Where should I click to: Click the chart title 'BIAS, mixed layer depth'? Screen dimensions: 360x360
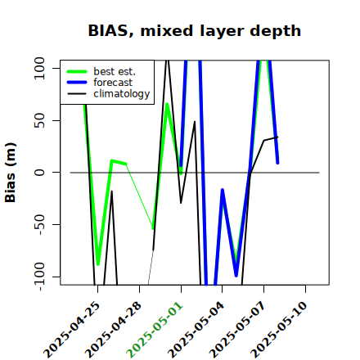click(x=195, y=31)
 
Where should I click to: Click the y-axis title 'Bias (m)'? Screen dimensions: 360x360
click(x=11, y=173)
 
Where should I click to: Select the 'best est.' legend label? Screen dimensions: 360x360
click(x=115, y=71)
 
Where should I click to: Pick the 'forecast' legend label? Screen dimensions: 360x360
click(x=113, y=83)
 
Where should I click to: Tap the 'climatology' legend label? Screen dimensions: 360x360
click(x=122, y=94)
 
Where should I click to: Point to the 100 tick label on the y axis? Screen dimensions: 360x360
click(x=39, y=68)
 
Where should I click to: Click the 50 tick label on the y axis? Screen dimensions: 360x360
click(x=39, y=120)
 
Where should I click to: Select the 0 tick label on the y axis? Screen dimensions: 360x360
click(x=39, y=173)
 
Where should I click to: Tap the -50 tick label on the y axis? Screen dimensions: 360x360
click(x=39, y=224)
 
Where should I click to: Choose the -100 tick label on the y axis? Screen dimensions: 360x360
click(x=39, y=277)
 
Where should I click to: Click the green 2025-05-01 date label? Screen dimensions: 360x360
click(x=155, y=330)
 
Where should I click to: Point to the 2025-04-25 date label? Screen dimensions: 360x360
click(x=71, y=330)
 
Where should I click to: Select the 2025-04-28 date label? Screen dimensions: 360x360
click(x=113, y=330)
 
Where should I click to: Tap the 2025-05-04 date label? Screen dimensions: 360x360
click(x=196, y=330)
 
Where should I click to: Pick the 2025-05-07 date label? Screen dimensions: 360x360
click(x=237, y=330)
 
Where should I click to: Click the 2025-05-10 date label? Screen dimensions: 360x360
click(x=279, y=330)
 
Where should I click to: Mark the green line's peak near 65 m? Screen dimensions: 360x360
click(x=167, y=104)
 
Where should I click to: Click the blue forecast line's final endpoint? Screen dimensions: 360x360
click(x=277, y=163)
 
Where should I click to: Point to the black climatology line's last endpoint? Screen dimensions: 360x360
click(x=277, y=137)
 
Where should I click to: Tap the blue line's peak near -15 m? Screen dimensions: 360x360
click(x=223, y=190)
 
